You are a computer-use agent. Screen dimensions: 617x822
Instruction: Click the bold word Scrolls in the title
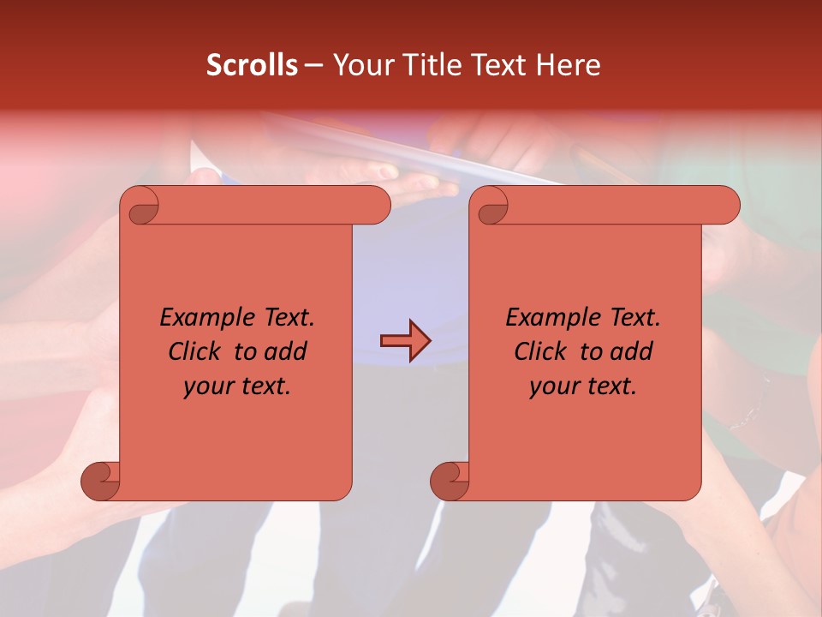252,65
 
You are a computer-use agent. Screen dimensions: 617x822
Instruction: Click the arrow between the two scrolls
405,341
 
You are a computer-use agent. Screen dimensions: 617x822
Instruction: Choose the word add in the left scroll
287,351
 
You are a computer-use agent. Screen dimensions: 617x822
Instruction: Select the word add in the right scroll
633,351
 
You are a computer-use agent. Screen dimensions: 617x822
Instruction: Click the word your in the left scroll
206,387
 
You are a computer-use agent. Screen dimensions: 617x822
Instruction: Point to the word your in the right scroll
552,387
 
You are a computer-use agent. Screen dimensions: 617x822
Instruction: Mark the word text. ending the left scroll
265,386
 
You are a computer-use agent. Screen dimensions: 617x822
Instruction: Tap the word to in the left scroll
244,351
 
